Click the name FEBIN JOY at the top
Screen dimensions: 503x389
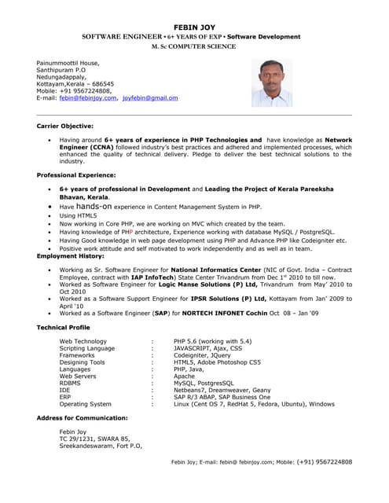[x=193, y=25]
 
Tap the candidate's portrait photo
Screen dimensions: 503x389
[x=271, y=83]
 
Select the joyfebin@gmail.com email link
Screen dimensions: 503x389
[x=150, y=98]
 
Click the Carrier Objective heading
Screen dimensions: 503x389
[x=65, y=126]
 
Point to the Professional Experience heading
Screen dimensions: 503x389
[x=76, y=174]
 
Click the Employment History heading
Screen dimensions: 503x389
[x=70, y=256]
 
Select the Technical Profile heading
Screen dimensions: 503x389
[x=64, y=327]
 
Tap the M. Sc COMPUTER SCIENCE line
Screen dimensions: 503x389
[x=193, y=46]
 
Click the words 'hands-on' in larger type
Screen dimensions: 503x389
[x=98, y=206]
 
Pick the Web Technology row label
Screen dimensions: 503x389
[x=83, y=341]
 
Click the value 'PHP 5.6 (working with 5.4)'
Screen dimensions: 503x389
[x=212, y=341]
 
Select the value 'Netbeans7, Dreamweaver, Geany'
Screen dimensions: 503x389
[x=222, y=390]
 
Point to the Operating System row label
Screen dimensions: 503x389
[x=86, y=404]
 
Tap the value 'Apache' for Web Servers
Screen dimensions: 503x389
[x=185, y=376]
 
